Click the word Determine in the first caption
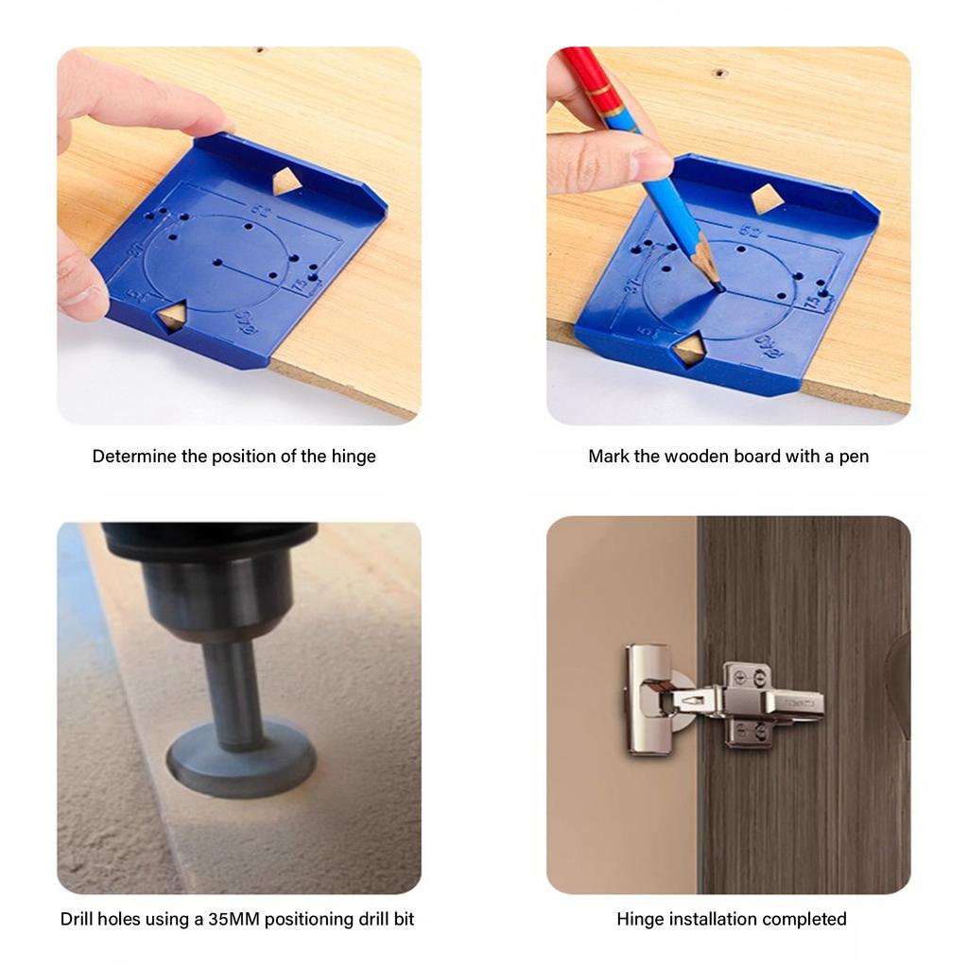pos(134,457)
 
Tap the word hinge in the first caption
pos(353,457)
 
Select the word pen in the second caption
pos(854,457)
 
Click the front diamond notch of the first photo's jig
pos(171,317)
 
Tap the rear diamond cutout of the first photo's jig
pos(287,181)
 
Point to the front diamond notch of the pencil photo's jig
pos(688,349)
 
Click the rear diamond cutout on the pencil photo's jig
pos(766,198)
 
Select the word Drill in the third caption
pos(78,919)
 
